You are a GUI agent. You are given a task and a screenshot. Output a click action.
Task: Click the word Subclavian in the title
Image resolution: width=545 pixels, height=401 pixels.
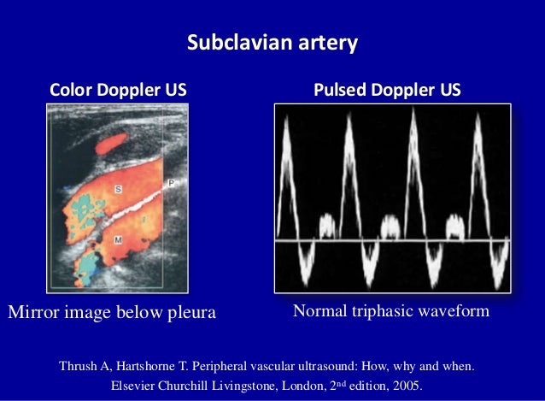(x=237, y=42)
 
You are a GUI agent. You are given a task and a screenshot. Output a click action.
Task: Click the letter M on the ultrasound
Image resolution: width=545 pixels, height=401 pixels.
(x=117, y=242)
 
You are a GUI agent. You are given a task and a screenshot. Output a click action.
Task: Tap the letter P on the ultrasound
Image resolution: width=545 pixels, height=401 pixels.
(x=171, y=183)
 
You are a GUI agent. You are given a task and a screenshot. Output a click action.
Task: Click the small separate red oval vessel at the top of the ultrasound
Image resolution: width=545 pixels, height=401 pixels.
(x=114, y=144)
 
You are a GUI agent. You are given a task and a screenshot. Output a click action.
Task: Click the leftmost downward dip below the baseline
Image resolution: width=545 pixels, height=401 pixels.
(x=306, y=262)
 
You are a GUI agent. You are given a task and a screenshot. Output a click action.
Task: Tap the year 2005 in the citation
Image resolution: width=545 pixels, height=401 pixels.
(x=407, y=385)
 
